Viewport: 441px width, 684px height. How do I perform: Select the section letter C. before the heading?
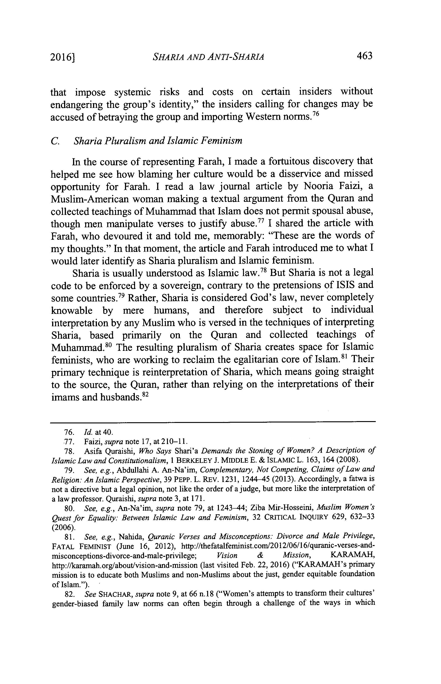coord(55,141)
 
